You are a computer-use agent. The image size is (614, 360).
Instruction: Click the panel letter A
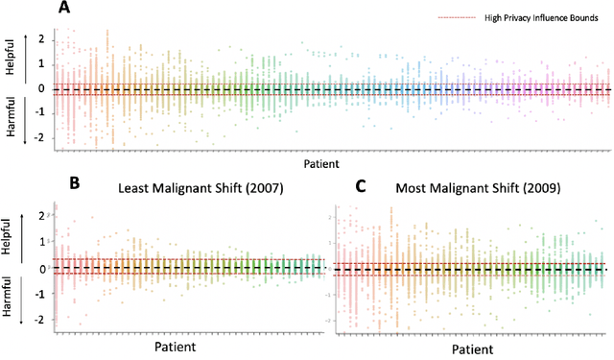pos(64,9)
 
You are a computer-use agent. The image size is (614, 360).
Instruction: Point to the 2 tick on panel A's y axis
pos(41,38)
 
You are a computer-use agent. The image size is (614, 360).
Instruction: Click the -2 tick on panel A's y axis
pos(39,137)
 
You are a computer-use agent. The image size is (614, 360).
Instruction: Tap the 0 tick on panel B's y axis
pos(41,268)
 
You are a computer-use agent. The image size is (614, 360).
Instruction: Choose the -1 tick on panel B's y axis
pos(39,294)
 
